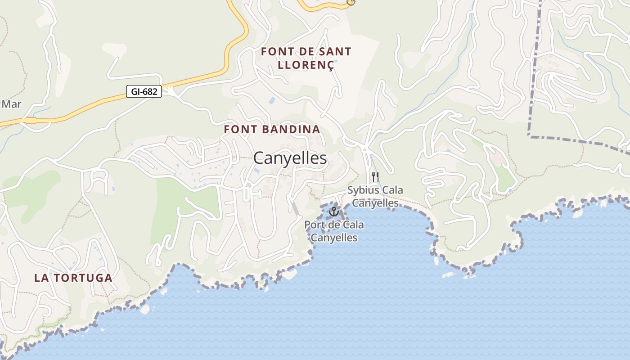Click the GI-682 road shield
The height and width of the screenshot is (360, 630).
tap(144, 92)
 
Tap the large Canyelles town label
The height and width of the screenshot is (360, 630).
tap(290, 158)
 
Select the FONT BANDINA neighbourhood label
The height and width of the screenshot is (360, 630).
tap(272, 130)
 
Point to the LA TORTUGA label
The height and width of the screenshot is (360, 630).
tap(73, 278)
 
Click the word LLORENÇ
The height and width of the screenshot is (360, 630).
tap(306, 65)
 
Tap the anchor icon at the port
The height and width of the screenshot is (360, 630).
tap(334, 211)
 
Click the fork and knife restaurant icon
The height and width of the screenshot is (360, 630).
tap(375, 177)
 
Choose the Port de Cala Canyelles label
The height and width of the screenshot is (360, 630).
tap(334, 231)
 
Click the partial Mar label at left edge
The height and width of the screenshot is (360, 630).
tap(11, 104)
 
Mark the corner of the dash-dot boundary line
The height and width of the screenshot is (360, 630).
tap(530, 135)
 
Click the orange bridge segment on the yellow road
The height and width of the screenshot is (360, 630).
tap(31, 120)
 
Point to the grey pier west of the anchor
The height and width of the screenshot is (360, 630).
tap(295, 209)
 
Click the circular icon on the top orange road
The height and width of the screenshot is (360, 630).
tap(351, 2)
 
